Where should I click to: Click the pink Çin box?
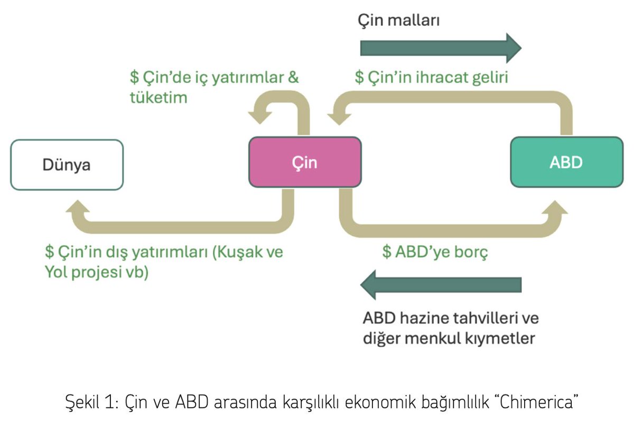tap(305, 162)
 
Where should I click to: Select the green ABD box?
tap(566, 162)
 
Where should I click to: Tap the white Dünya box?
tap(67, 164)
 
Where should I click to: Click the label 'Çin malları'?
tap(399, 21)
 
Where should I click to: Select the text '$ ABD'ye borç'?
tap(434, 252)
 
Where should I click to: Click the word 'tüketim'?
tap(158, 97)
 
